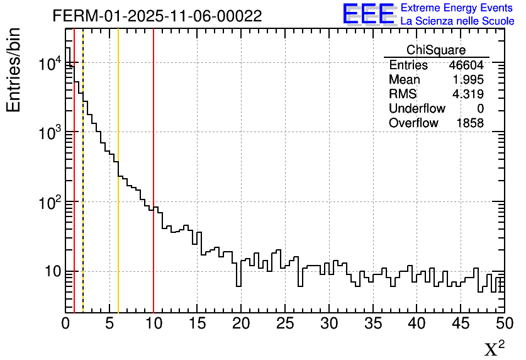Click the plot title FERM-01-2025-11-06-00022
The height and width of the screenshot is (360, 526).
pyautogui.click(x=157, y=16)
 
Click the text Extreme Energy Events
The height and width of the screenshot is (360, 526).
pyautogui.click(x=457, y=8)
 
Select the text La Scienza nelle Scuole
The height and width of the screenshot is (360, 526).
pyautogui.click(x=457, y=21)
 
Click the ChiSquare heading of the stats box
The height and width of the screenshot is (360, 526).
pyautogui.click(x=436, y=50)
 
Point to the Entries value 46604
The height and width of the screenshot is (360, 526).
pyautogui.click(x=466, y=65)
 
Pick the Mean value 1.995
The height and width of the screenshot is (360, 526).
pyautogui.click(x=468, y=80)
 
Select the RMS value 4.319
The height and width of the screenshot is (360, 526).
pyautogui.click(x=468, y=94)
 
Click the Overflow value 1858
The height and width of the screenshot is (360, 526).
pyautogui.click(x=470, y=123)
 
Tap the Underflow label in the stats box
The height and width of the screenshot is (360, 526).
pyautogui.click(x=417, y=108)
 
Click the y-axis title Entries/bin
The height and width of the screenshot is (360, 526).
pyautogui.click(x=14, y=69)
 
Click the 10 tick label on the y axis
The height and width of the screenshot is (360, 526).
pyautogui.click(x=50, y=272)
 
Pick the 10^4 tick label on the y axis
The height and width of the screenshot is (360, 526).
pyautogui.click(x=49, y=63)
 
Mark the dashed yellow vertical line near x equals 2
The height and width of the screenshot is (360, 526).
pyautogui.click(x=83, y=189)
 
